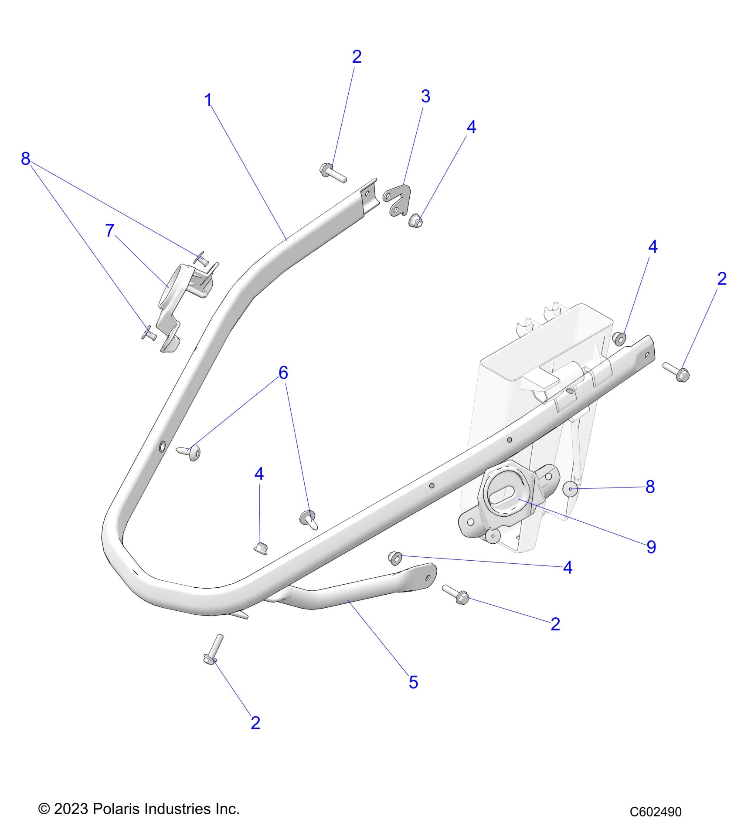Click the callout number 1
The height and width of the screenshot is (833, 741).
(208, 100)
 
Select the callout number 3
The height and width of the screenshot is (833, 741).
(425, 96)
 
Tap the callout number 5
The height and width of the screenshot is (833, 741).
(413, 682)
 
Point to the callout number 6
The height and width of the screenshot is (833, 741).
(283, 373)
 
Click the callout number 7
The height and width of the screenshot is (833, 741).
(110, 230)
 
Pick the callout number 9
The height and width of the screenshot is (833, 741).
(651, 547)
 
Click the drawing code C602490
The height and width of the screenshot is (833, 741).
(655, 812)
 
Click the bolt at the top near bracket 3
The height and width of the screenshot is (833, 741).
(333, 173)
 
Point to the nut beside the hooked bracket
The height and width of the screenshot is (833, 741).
(416, 222)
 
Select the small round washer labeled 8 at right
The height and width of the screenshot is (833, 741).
(570, 489)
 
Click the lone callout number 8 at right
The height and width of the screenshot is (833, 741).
(650, 487)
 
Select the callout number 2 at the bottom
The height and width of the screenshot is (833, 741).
(255, 723)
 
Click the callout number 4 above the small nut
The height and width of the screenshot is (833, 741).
(259, 474)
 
